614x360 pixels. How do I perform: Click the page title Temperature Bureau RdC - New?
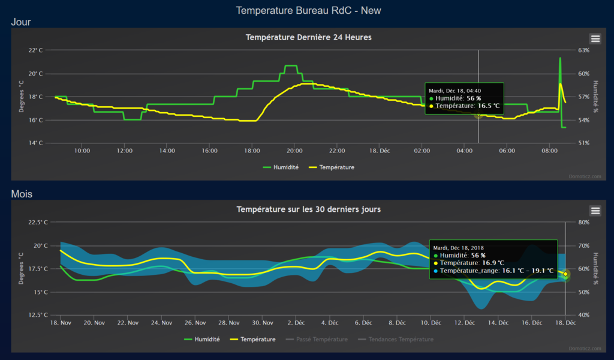tap(308, 10)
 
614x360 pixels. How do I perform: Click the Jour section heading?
tap(21, 22)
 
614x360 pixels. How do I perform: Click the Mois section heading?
tap(22, 194)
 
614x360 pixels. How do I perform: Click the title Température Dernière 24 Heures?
tap(308, 37)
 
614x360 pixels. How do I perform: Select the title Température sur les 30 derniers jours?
tap(308, 209)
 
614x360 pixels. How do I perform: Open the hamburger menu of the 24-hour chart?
tap(595, 38)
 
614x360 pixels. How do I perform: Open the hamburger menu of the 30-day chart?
tap(595, 211)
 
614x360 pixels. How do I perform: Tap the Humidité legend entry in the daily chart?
tap(281, 167)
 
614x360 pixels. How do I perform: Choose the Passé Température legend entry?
tap(318, 340)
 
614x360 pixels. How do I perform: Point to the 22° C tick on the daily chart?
tap(36, 50)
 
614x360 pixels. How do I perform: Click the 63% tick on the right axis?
tap(584, 50)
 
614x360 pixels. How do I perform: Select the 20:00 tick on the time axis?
tap(294, 151)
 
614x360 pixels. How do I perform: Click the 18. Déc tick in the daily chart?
tap(380, 151)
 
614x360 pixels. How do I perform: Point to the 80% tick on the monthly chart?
tap(584, 223)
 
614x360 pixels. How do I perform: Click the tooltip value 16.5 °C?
tap(489, 106)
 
